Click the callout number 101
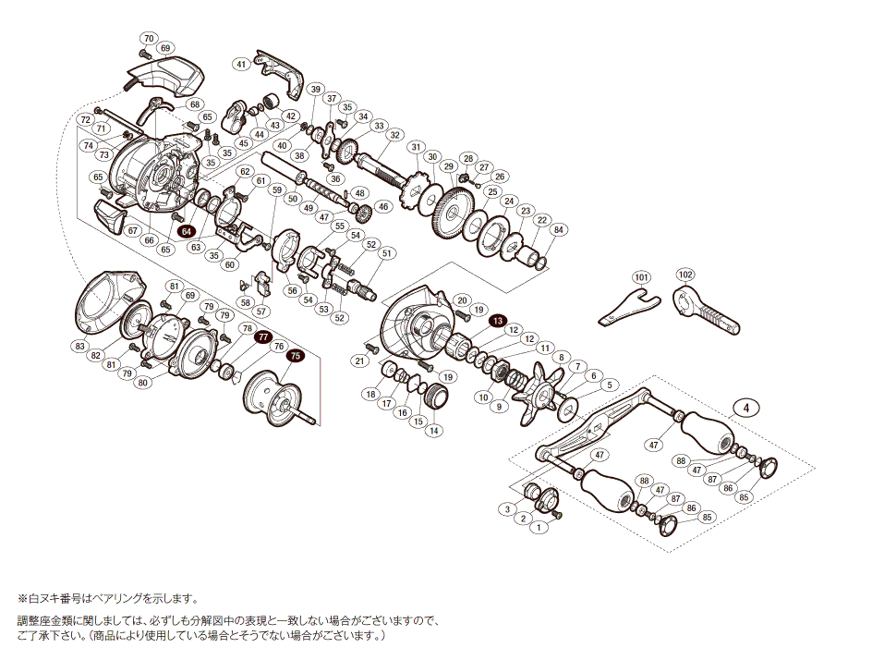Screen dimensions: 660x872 point(642,277)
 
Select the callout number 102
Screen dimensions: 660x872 point(684,275)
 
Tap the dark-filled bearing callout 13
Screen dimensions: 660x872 point(498,320)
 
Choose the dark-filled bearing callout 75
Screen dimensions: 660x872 point(295,354)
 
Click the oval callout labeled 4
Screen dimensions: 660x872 point(745,406)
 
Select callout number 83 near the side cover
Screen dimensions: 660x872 point(80,346)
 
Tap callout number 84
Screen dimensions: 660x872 point(557,229)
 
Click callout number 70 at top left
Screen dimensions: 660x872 point(148,38)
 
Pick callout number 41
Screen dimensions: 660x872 point(241,64)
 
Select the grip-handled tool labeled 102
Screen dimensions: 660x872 point(706,311)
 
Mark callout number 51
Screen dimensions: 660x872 point(386,252)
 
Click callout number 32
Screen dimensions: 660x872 point(394,134)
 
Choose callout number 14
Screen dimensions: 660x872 point(434,430)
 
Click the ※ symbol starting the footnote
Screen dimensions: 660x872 point(23,599)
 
